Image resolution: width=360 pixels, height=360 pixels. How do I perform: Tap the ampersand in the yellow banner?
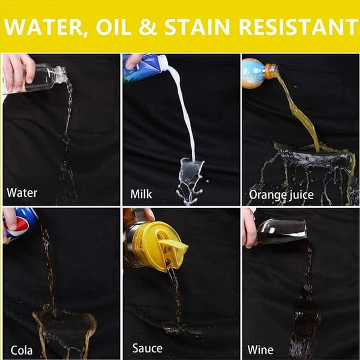148,27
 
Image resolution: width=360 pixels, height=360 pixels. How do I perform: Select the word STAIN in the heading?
197,27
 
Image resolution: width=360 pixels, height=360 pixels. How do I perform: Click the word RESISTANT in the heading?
297,27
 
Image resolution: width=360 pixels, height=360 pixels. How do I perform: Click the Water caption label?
22,193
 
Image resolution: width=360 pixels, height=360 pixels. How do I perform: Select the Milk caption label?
141,194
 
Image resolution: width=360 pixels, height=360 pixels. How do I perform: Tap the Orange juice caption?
281,195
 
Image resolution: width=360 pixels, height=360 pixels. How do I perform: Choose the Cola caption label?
22,350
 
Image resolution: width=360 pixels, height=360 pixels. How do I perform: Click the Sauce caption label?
148,348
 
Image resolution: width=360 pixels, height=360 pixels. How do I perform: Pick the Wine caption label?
260,350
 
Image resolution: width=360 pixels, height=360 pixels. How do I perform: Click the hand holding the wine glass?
250,229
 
